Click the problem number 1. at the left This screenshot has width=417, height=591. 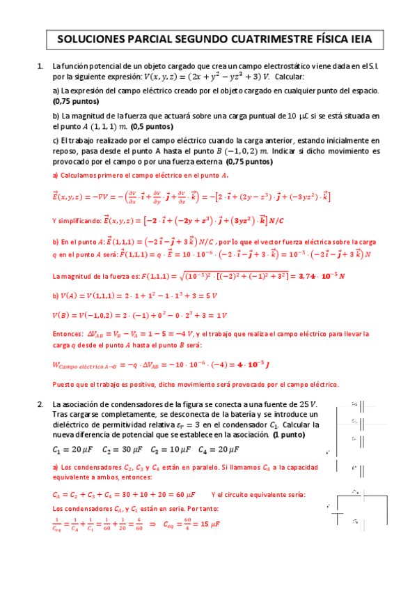pyautogui.click(x=40, y=66)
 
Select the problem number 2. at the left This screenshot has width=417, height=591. pyautogui.click(x=40, y=404)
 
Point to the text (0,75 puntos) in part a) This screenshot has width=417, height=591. pyautogui.click(x=76, y=101)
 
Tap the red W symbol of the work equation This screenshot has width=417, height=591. pyautogui.click(x=56, y=364)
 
